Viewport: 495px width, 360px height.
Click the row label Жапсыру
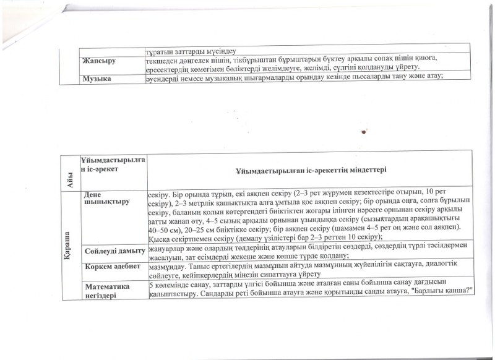pos(100,60)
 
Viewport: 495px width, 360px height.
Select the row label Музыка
pos(98,77)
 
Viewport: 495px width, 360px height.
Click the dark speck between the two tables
pos(364,132)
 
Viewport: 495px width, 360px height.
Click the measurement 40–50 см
pos(163,228)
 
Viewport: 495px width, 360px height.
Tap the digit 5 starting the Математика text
pos(151,285)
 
